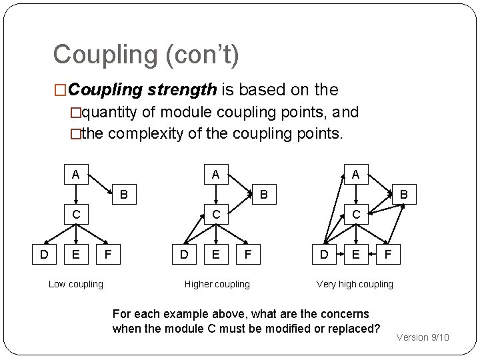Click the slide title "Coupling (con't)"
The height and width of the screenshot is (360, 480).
point(145,55)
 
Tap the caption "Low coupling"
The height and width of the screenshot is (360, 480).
point(76,285)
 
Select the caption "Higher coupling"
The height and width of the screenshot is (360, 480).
point(217,285)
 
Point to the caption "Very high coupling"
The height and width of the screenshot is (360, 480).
point(355,285)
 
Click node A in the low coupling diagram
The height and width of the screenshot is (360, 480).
point(76,175)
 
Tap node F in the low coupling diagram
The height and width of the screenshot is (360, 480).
point(108,253)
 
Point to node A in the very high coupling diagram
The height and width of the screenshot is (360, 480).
point(355,175)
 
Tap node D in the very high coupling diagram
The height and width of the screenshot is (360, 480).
point(323,253)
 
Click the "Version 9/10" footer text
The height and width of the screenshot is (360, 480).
point(423,337)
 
